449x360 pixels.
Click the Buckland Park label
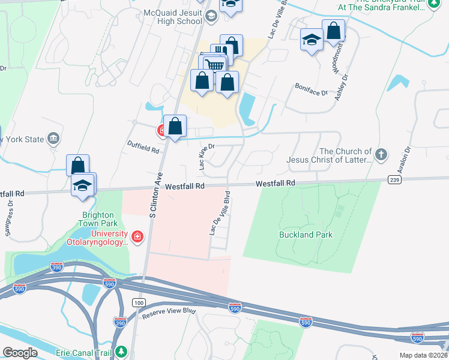(x=306, y=235)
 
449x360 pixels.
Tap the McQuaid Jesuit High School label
(x=173, y=17)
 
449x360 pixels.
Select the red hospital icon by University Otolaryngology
(x=137, y=237)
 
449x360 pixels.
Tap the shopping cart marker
(x=214, y=64)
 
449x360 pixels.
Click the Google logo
(x=20, y=353)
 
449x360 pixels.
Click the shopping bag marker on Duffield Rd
(x=175, y=127)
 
